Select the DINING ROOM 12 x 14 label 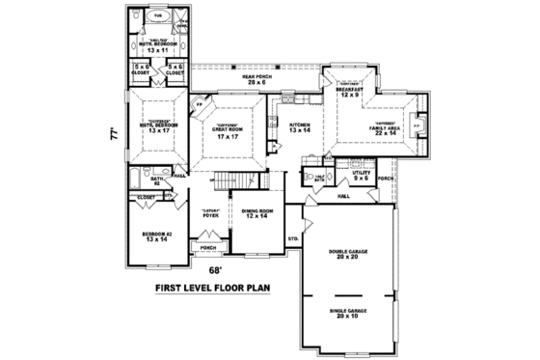256,213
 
